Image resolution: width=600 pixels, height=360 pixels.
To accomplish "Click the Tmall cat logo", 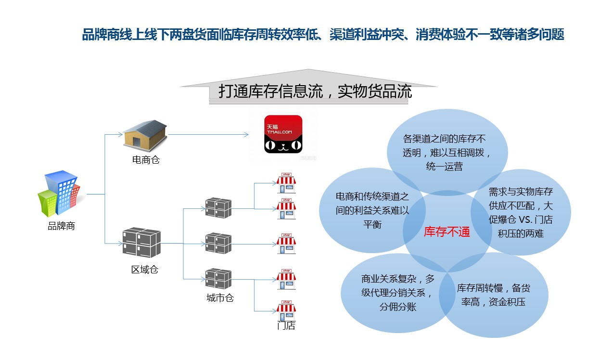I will click(283, 134).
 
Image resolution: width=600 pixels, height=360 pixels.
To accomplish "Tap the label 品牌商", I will click(61, 226).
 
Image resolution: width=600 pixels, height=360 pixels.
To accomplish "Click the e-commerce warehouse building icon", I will click(145, 134).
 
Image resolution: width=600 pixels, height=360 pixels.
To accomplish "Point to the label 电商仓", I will click(145, 160).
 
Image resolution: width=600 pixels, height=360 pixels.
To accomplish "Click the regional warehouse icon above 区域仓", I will click(141, 243).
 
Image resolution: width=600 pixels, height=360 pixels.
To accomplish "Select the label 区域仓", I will click(144, 270).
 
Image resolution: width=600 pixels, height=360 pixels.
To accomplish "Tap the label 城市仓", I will click(220, 298).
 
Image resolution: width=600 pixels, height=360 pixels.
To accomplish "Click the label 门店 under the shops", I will click(286, 326).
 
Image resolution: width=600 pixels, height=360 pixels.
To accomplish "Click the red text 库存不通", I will click(446, 232).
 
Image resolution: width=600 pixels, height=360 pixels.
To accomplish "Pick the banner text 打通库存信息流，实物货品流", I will click(315, 91).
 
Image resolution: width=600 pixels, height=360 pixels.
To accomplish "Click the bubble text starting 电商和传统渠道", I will click(372, 210).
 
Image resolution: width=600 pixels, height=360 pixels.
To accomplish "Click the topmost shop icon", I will click(286, 180).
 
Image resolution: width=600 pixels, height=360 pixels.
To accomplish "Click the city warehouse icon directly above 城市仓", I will click(218, 279).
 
